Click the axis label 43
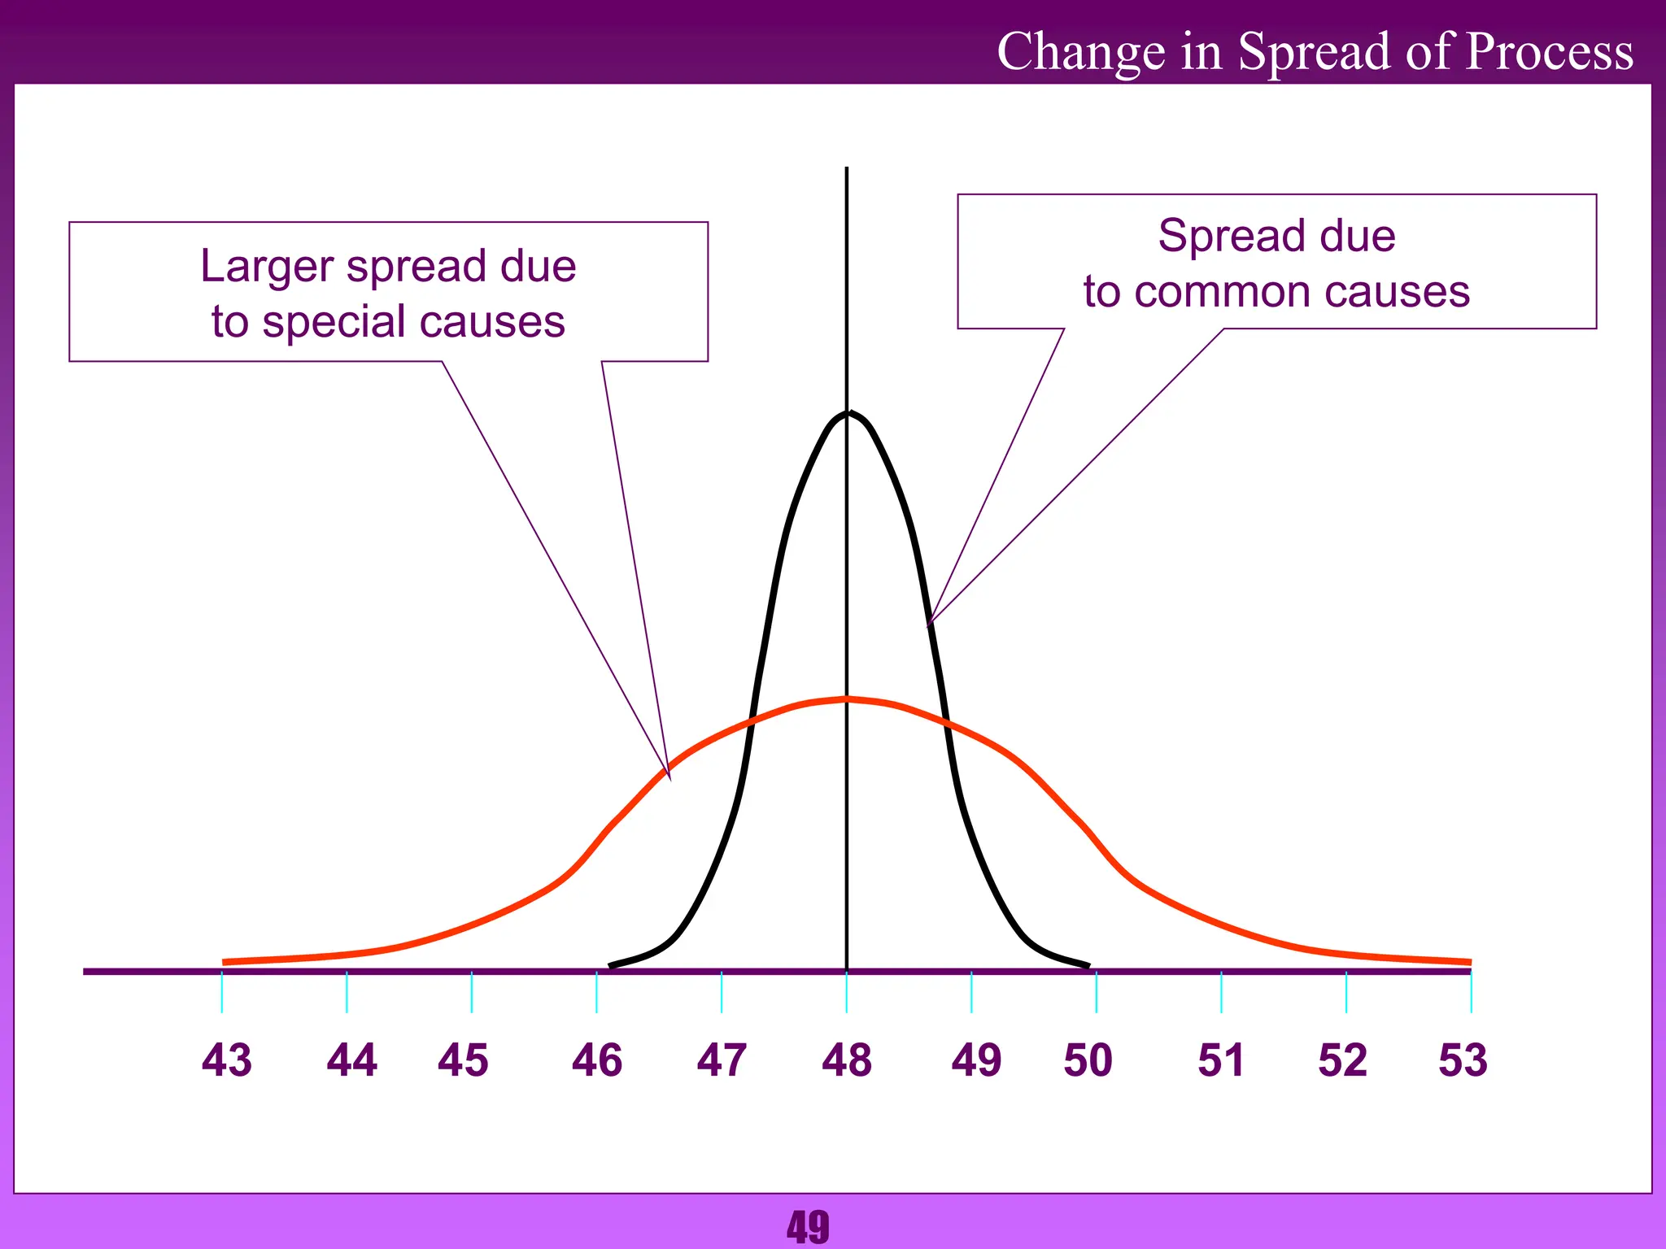(x=227, y=1060)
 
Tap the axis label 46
(x=597, y=1060)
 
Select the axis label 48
(x=847, y=1060)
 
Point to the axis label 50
(x=1088, y=1060)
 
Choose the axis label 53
(x=1463, y=1060)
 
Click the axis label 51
(x=1221, y=1060)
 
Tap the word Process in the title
(x=1549, y=52)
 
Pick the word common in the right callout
(x=1221, y=292)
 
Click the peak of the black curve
(x=847, y=413)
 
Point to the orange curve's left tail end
(x=225, y=962)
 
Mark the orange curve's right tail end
(x=1469, y=962)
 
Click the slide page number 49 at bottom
(x=808, y=1226)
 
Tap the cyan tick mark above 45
(x=472, y=992)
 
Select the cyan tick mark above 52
(x=1346, y=992)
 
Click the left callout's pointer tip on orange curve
(x=669, y=779)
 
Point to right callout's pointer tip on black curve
(x=929, y=625)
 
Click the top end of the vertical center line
(x=847, y=169)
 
